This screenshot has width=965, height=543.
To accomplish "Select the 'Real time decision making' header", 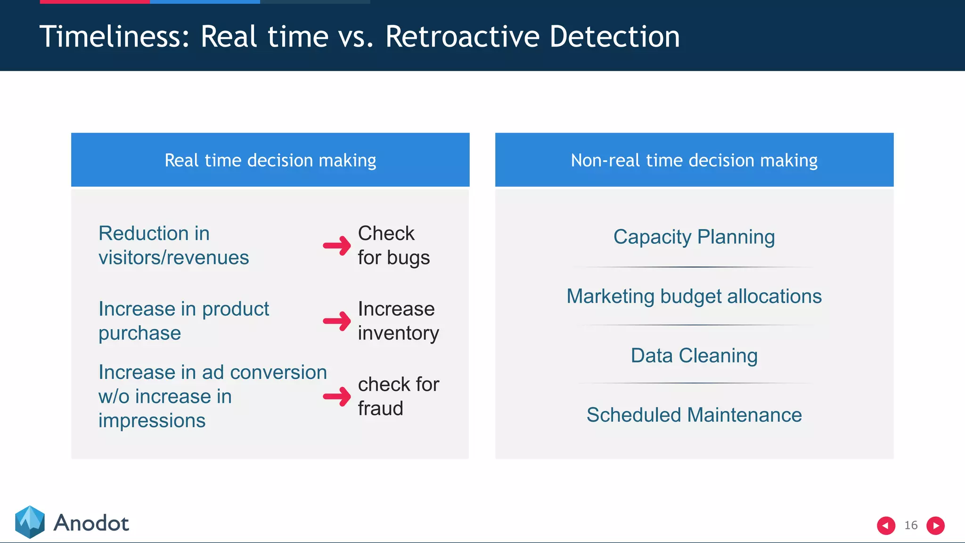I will coord(270,160).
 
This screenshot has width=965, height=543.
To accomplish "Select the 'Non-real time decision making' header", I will coord(694,160).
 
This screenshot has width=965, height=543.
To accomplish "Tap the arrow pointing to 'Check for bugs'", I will coord(337,246).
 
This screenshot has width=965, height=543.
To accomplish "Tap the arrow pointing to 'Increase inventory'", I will coord(337,321).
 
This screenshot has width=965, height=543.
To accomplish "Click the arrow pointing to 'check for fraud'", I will coord(337,396).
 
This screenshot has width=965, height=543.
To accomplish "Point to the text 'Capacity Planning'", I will coord(694,237).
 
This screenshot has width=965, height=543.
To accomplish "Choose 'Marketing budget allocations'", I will coord(694,296).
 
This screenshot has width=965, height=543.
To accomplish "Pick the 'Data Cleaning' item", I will coord(694,355).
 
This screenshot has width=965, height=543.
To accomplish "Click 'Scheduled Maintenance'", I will coord(694,415).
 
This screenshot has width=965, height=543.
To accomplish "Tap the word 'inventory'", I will coord(398,333).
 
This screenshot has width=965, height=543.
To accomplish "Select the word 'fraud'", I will coord(380,408).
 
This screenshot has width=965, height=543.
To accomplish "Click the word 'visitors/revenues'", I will coord(173,258).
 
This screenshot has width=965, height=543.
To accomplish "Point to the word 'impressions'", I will coord(152,420).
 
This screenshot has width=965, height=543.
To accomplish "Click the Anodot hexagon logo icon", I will coord(30,522).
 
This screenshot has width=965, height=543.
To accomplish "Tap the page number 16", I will coord(911,525).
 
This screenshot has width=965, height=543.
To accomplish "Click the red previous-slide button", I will coord(886,525).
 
